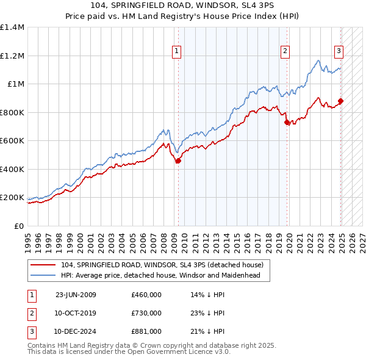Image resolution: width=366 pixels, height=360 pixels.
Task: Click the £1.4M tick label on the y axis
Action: (x=12, y=27)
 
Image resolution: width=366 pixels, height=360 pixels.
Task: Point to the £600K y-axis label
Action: (x=12, y=141)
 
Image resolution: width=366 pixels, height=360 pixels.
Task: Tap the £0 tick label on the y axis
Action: (x=19, y=226)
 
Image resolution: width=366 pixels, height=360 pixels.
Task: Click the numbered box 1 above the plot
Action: (x=176, y=52)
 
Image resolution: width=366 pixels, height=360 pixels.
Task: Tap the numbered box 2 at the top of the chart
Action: (x=284, y=52)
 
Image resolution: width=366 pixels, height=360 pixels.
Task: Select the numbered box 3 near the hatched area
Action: (x=339, y=52)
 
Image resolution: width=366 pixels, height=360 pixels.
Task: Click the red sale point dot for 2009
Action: (x=179, y=161)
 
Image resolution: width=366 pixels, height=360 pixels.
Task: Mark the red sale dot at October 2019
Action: (x=287, y=123)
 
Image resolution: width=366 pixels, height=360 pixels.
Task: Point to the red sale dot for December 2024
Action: (x=340, y=101)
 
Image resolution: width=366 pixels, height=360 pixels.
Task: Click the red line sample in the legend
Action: (x=43, y=265)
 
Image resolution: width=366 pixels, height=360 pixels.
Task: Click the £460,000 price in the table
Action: (x=146, y=295)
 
